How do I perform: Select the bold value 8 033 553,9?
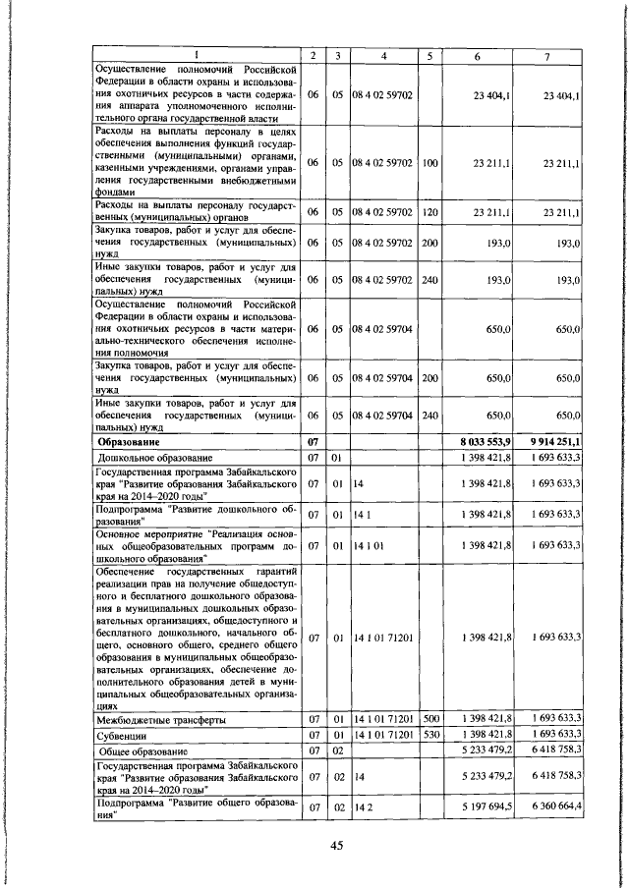pyautogui.click(x=483, y=443)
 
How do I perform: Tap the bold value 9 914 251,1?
pyautogui.click(x=556, y=443)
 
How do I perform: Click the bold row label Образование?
pyautogui.click(x=138, y=443)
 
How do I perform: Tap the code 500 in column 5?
pyautogui.click(x=429, y=720)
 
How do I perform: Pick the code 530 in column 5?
pyautogui.click(x=429, y=735)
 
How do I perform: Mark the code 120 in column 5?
pyautogui.click(x=429, y=211)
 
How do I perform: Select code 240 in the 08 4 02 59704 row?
pyautogui.click(x=429, y=416)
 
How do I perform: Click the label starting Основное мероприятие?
pyautogui.click(x=196, y=546)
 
